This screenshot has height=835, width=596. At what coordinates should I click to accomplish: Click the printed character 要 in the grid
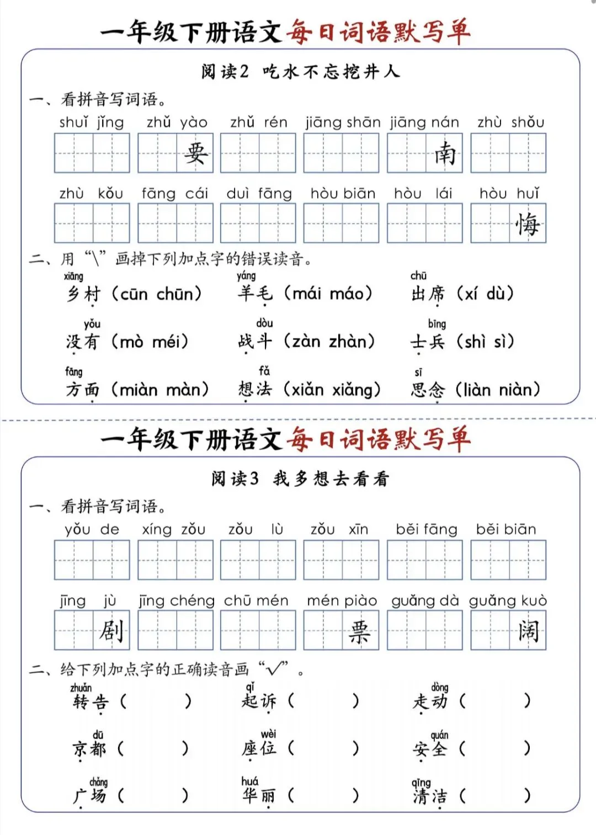click(195, 153)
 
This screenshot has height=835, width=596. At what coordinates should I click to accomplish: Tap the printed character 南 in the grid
click(444, 153)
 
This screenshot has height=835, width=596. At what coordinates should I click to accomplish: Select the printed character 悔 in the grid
click(528, 224)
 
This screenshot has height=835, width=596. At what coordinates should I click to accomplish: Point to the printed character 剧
click(111, 630)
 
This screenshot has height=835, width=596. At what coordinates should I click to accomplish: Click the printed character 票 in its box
click(360, 630)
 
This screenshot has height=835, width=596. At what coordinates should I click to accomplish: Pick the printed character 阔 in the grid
click(528, 630)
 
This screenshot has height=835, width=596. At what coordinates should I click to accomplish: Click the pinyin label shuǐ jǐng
click(92, 122)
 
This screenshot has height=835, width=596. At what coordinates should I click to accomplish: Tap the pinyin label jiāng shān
click(343, 122)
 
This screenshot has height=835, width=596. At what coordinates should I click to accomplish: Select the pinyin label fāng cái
click(174, 193)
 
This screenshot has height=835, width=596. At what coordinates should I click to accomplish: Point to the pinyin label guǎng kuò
click(508, 600)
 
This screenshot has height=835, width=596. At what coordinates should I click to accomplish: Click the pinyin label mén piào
click(342, 600)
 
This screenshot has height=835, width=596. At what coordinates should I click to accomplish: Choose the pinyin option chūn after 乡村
click(174, 294)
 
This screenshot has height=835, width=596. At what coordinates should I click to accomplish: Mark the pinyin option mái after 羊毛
click(306, 293)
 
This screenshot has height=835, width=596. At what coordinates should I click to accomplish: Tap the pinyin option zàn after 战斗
click(306, 342)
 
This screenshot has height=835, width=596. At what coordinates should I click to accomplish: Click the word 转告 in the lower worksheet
click(91, 702)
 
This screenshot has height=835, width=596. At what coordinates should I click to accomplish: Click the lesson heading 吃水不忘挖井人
click(330, 72)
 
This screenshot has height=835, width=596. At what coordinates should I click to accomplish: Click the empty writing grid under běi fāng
click(424, 560)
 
